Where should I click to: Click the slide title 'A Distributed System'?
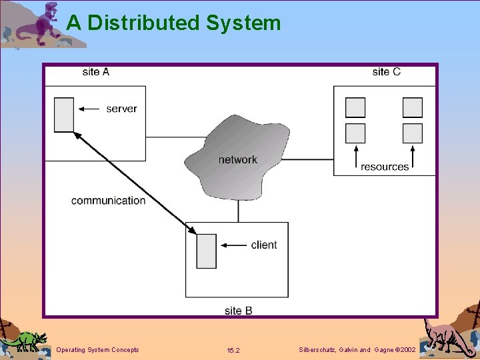(x=174, y=23)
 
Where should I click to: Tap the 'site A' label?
(x=96, y=72)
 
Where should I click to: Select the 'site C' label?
(x=387, y=72)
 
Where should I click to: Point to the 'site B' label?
(x=238, y=311)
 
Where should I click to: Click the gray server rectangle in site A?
(x=64, y=115)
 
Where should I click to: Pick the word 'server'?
(x=121, y=109)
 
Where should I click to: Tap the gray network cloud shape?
(x=237, y=157)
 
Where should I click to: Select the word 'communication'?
(x=108, y=201)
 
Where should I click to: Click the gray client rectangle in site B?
(x=207, y=251)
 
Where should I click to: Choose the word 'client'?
(x=264, y=245)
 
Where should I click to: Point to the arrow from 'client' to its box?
(x=233, y=245)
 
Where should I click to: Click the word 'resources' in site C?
(x=385, y=167)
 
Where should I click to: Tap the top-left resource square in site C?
(x=355, y=107)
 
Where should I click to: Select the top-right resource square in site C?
(x=413, y=107)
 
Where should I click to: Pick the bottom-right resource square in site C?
(x=413, y=133)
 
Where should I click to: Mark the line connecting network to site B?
(x=239, y=211)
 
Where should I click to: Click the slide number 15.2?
(x=233, y=350)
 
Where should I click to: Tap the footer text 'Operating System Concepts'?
(x=98, y=350)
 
